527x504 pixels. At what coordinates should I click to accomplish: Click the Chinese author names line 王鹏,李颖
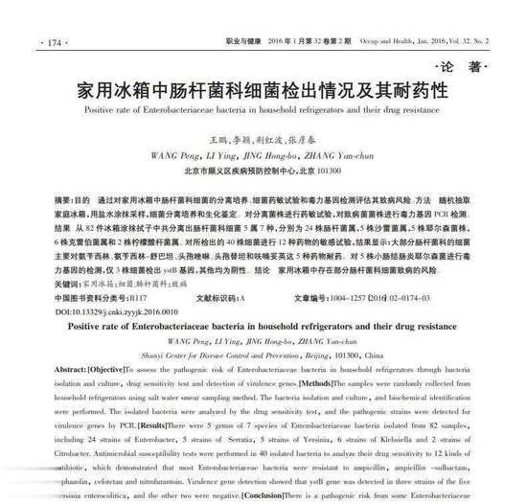261,140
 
